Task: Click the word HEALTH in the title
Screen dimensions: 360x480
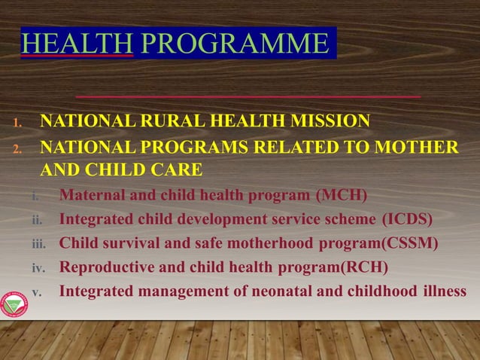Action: tap(77, 44)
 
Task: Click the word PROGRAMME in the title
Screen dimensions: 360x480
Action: tap(233, 44)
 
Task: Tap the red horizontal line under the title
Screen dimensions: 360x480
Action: tap(248, 97)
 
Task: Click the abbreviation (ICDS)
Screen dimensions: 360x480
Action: tap(407, 220)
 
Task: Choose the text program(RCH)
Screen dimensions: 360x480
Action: tap(341, 267)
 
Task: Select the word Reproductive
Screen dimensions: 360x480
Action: tap(106, 267)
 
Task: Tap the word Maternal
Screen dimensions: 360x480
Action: tap(90, 197)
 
